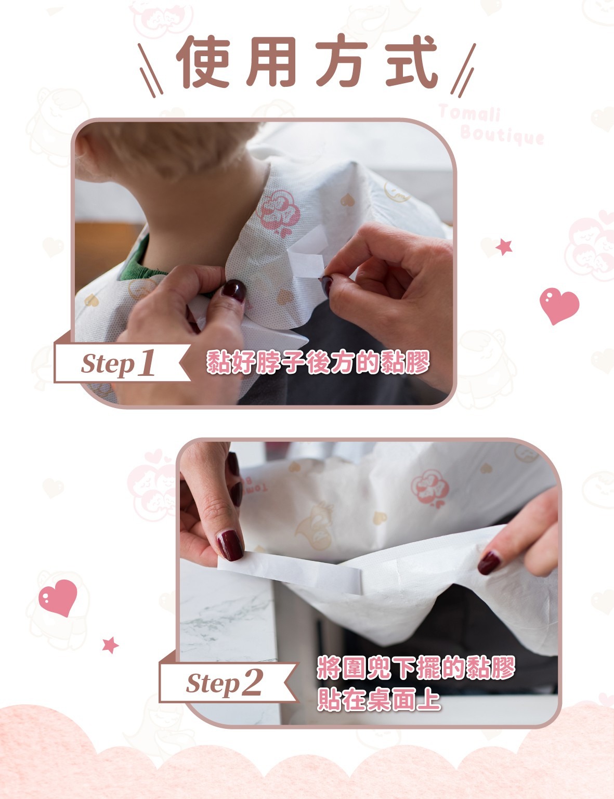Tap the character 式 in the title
412,62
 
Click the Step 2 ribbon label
228,682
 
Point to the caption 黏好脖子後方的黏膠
318,363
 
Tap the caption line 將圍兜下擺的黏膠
416,667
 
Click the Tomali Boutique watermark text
491,124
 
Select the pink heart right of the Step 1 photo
559,305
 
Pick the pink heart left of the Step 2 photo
58,597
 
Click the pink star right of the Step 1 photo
504,247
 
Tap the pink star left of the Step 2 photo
110,645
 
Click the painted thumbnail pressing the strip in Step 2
230,545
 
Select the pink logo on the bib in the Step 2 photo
430,489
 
